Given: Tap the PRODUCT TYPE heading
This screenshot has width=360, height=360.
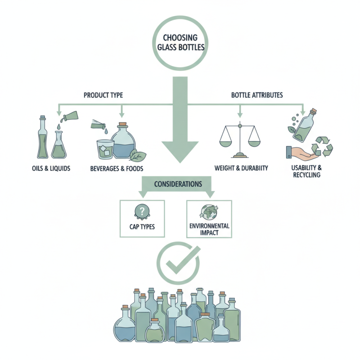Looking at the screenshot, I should click(x=103, y=95).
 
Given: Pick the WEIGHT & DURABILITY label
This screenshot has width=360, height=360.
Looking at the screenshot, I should click(x=241, y=168).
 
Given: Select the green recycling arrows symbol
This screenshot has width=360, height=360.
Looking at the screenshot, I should click(x=324, y=147).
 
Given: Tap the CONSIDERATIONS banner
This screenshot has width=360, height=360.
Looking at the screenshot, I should click(x=178, y=184).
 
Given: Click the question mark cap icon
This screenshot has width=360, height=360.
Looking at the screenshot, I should click(x=142, y=211).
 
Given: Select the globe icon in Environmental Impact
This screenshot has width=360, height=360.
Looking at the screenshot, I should click(x=209, y=212).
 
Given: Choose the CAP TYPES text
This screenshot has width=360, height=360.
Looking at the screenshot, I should click(x=142, y=226).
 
